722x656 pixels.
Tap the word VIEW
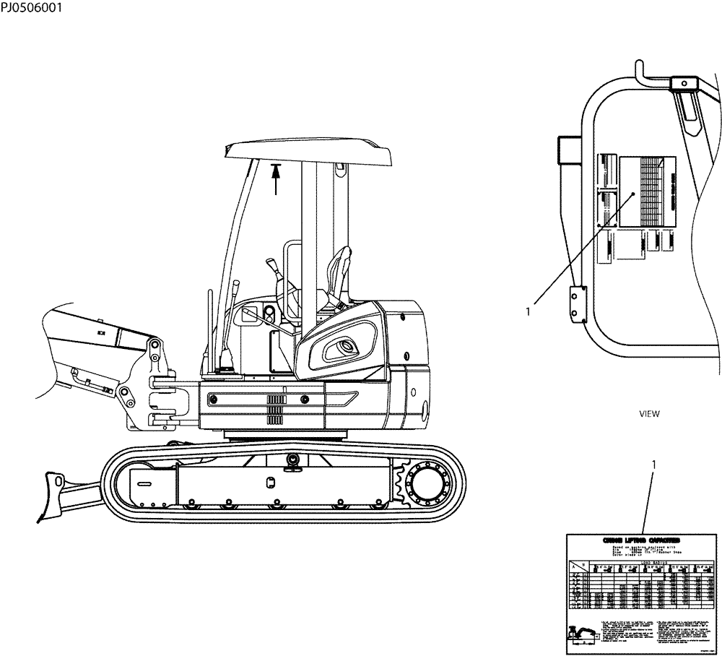pos(650,414)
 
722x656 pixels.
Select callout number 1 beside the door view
pos(529,311)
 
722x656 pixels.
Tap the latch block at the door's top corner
pos(682,85)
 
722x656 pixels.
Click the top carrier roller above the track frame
pos(293,461)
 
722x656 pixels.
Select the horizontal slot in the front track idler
pos(143,483)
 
